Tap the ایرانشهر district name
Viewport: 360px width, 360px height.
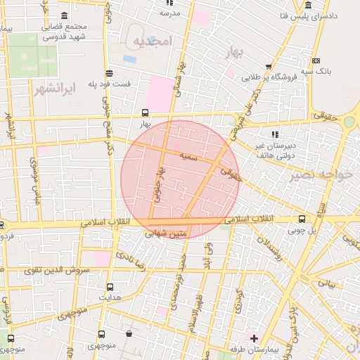(53, 89)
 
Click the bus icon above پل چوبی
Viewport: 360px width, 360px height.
(302, 219)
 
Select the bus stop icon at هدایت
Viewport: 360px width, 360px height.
(110, 287)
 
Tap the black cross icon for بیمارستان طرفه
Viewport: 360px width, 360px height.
(254, 339)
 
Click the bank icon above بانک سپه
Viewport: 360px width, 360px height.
(315, 61)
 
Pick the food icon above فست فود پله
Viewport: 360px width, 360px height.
(109, 73)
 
